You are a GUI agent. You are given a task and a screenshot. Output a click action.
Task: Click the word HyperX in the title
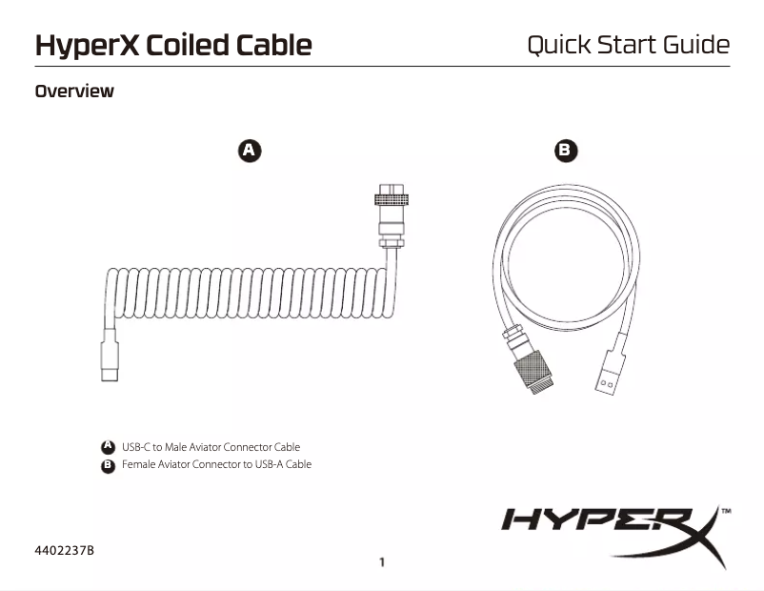[87, 45]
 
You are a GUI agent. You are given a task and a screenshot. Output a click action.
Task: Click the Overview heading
[74, 92]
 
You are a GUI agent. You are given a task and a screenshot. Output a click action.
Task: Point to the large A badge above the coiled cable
[249, 151]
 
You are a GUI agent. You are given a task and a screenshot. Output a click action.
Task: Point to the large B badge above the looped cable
[566, 151]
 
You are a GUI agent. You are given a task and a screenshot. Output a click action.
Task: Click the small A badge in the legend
[109, 447]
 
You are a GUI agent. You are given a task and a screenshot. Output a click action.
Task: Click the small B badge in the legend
[109, 465]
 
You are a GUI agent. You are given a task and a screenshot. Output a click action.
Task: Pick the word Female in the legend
[139, 465]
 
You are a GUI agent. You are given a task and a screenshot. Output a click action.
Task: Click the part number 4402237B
[65, 550]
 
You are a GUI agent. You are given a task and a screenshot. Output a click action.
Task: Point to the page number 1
[382, 562]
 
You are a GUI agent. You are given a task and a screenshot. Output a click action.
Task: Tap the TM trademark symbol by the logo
[726, 512]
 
